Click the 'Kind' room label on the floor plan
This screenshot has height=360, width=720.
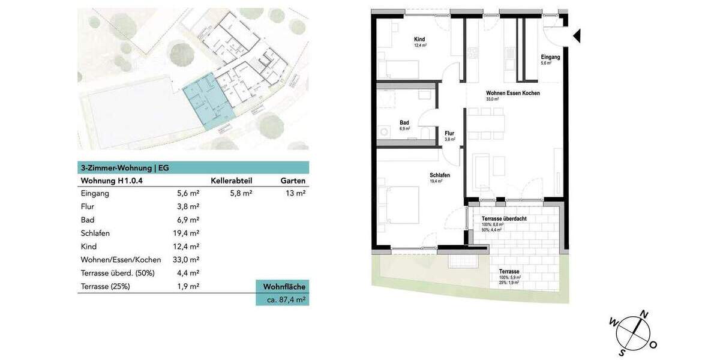tap(419, 40)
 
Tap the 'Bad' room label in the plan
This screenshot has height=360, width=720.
tap(404, 122)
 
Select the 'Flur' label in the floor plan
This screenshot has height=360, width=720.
tap(449, 134)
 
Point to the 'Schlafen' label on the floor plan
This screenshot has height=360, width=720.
tap(439, 175)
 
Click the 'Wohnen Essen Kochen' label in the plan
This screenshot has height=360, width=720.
tap(512, 94)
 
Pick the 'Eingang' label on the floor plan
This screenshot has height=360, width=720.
tap(550, 57)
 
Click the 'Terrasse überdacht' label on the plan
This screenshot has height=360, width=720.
tap(504, 219)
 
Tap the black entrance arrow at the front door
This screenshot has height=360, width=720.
tap(577, 37)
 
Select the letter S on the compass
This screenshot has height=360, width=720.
tap(623, 352)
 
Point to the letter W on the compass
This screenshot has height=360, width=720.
tap(613, 322)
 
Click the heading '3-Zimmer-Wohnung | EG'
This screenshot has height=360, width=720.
tap(124, 168)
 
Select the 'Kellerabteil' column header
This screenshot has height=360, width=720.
tap(231, 181)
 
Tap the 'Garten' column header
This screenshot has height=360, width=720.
tap(293, 181)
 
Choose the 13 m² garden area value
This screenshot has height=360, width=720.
tap(296, 194)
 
